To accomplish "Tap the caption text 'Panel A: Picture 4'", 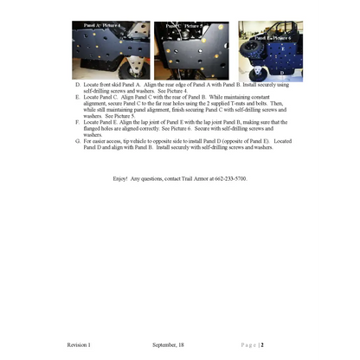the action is pyautogui.click(x=102, y=27).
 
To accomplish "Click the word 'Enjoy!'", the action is pyautogui.click(x=120, y=178).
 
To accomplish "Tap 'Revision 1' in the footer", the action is pyautogui.click(x=79, y=344).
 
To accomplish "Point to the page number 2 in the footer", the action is pyautogui.click(x=261, y=344).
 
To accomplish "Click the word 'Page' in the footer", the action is pyautogui.click(x=247, y=344).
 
